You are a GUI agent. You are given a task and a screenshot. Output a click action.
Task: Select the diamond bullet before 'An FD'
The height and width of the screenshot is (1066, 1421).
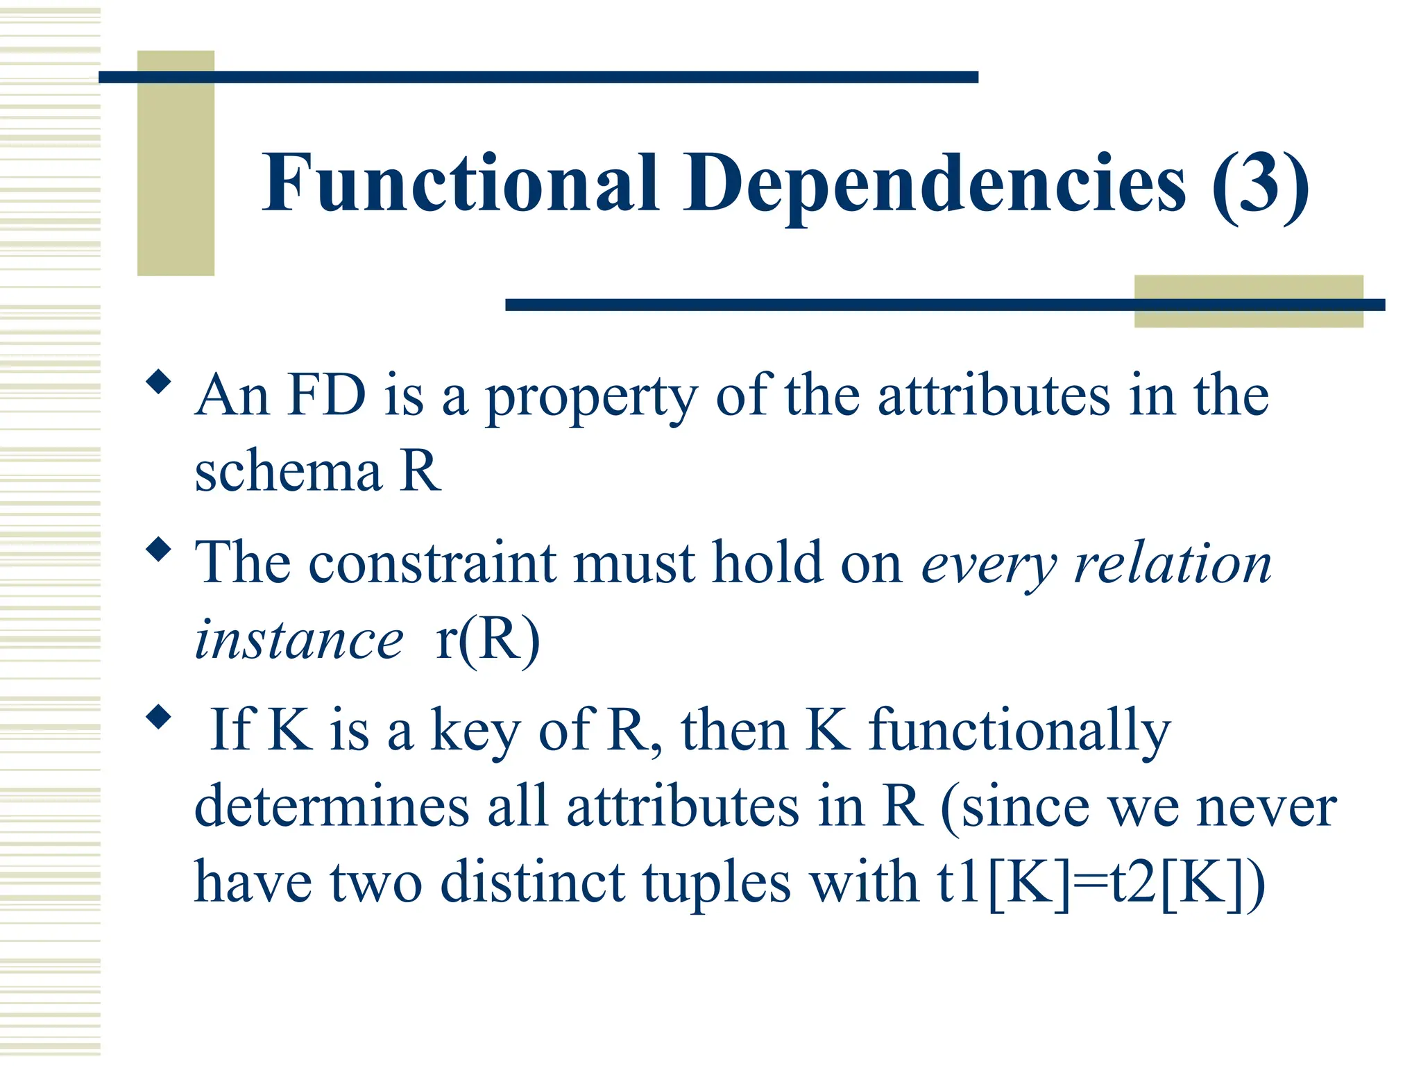(159, 382)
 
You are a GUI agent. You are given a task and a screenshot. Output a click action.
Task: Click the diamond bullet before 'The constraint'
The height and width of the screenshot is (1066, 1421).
(159, 550)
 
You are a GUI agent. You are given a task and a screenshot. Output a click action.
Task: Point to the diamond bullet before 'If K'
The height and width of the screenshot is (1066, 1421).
(159, 717)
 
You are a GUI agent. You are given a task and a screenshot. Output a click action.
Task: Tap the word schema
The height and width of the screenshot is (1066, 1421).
(288, 472)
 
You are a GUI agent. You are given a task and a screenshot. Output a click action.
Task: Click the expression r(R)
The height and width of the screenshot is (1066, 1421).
(488, 640)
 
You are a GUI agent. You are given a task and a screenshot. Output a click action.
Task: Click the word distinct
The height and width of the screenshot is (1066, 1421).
(533, 883)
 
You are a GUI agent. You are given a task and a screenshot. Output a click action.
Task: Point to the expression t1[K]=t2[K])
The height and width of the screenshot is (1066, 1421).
(1101, 883)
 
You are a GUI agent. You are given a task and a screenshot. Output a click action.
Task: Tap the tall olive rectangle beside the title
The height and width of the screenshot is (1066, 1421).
(176, 163)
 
